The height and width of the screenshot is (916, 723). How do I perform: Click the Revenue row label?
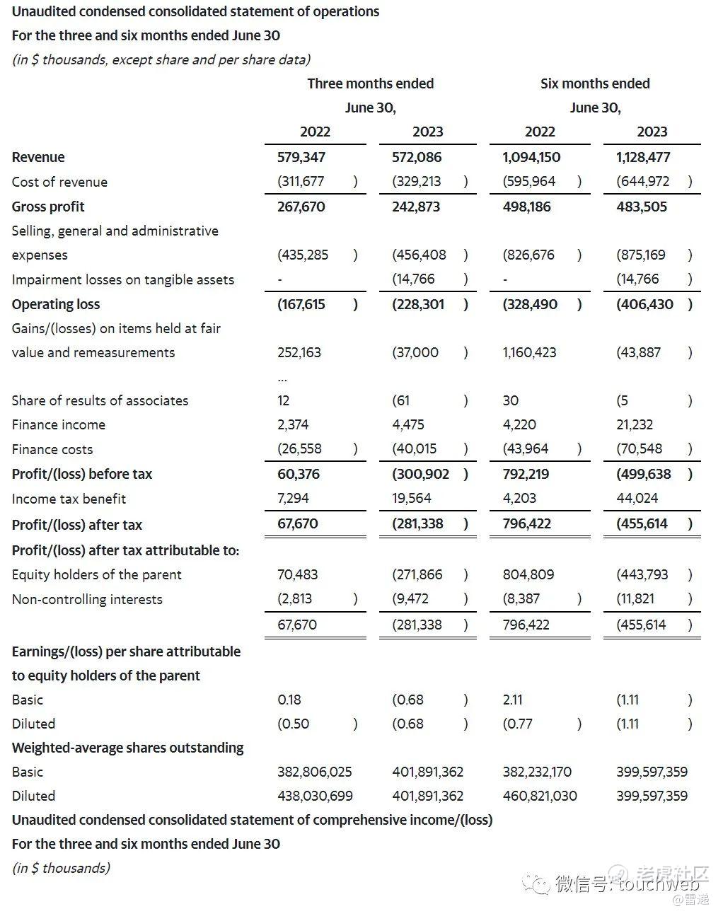(38, 157)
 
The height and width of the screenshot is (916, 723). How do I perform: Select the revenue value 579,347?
(301, 157)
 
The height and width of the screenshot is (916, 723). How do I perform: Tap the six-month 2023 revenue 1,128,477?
(643, 157)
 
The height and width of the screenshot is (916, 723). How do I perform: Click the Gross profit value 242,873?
(416, 207)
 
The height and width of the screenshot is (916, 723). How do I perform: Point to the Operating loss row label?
(56, 304)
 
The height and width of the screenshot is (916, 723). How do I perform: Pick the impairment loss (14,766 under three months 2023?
(414, 279)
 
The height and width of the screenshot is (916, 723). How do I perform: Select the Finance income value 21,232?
(635, 424)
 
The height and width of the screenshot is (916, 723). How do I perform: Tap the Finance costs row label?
(52, 449)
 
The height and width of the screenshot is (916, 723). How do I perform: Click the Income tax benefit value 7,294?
(293, 499)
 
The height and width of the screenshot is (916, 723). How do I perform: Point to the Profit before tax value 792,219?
(526, 474)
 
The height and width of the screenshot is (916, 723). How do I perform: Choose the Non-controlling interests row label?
(87, 599)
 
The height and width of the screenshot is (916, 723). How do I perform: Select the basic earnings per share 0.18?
(289, 700)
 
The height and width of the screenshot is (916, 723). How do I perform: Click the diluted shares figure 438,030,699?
(315, 796)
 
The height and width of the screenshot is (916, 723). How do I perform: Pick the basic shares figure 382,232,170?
(537, 772)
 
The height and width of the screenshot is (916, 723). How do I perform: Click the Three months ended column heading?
(370, 83)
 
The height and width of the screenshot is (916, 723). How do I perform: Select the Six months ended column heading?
(595, 83)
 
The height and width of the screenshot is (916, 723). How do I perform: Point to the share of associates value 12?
(284, 400)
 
